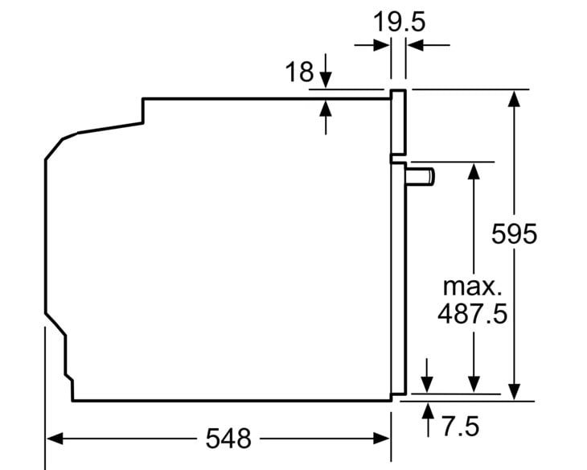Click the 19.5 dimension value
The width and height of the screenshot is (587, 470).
pos(399,22)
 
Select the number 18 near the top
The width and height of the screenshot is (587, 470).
pos(299,72)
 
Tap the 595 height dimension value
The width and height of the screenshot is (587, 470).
pos(514,234)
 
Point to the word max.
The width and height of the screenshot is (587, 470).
pos(472,287)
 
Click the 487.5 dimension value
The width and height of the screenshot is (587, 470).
pos(473,313)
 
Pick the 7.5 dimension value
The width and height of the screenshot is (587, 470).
pos(461,427)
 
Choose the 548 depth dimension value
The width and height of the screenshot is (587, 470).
pos(228,438)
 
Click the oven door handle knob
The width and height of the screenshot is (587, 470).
pos(420,176)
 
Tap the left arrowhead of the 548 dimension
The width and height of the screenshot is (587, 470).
pos(55,438)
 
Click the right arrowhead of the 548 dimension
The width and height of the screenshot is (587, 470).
pos(382,438)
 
